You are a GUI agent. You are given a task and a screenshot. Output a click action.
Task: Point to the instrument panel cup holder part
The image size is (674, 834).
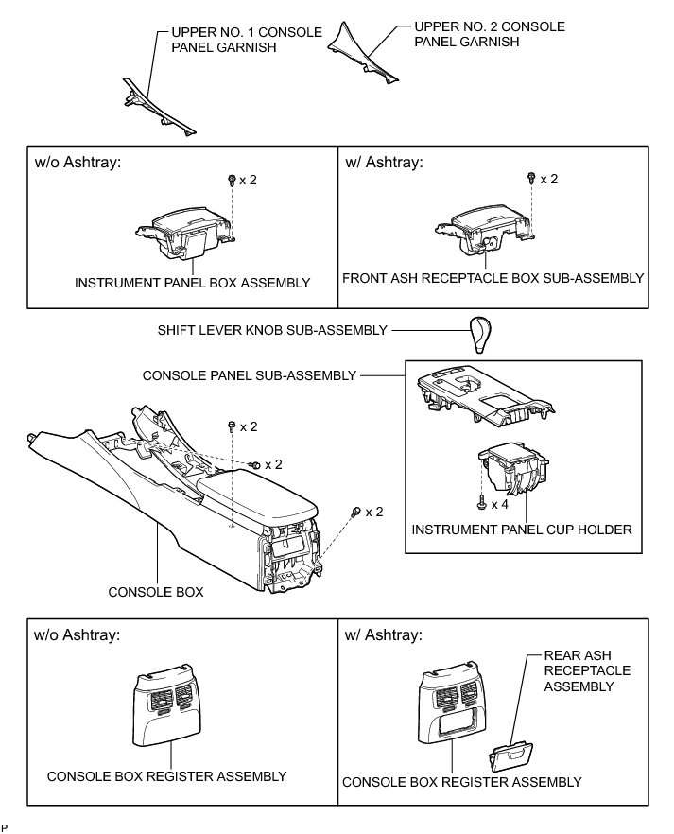(512, 470)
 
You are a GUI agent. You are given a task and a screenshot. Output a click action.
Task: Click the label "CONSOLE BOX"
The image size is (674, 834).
(157, 593)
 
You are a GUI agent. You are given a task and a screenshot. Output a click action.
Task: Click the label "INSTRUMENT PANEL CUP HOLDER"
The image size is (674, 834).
(523, 530)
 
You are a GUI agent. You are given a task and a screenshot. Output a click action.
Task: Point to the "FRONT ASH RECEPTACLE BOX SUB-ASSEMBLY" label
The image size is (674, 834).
(493, 279)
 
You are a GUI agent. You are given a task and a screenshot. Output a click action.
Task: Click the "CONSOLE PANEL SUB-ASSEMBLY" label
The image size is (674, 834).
(249, 375)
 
